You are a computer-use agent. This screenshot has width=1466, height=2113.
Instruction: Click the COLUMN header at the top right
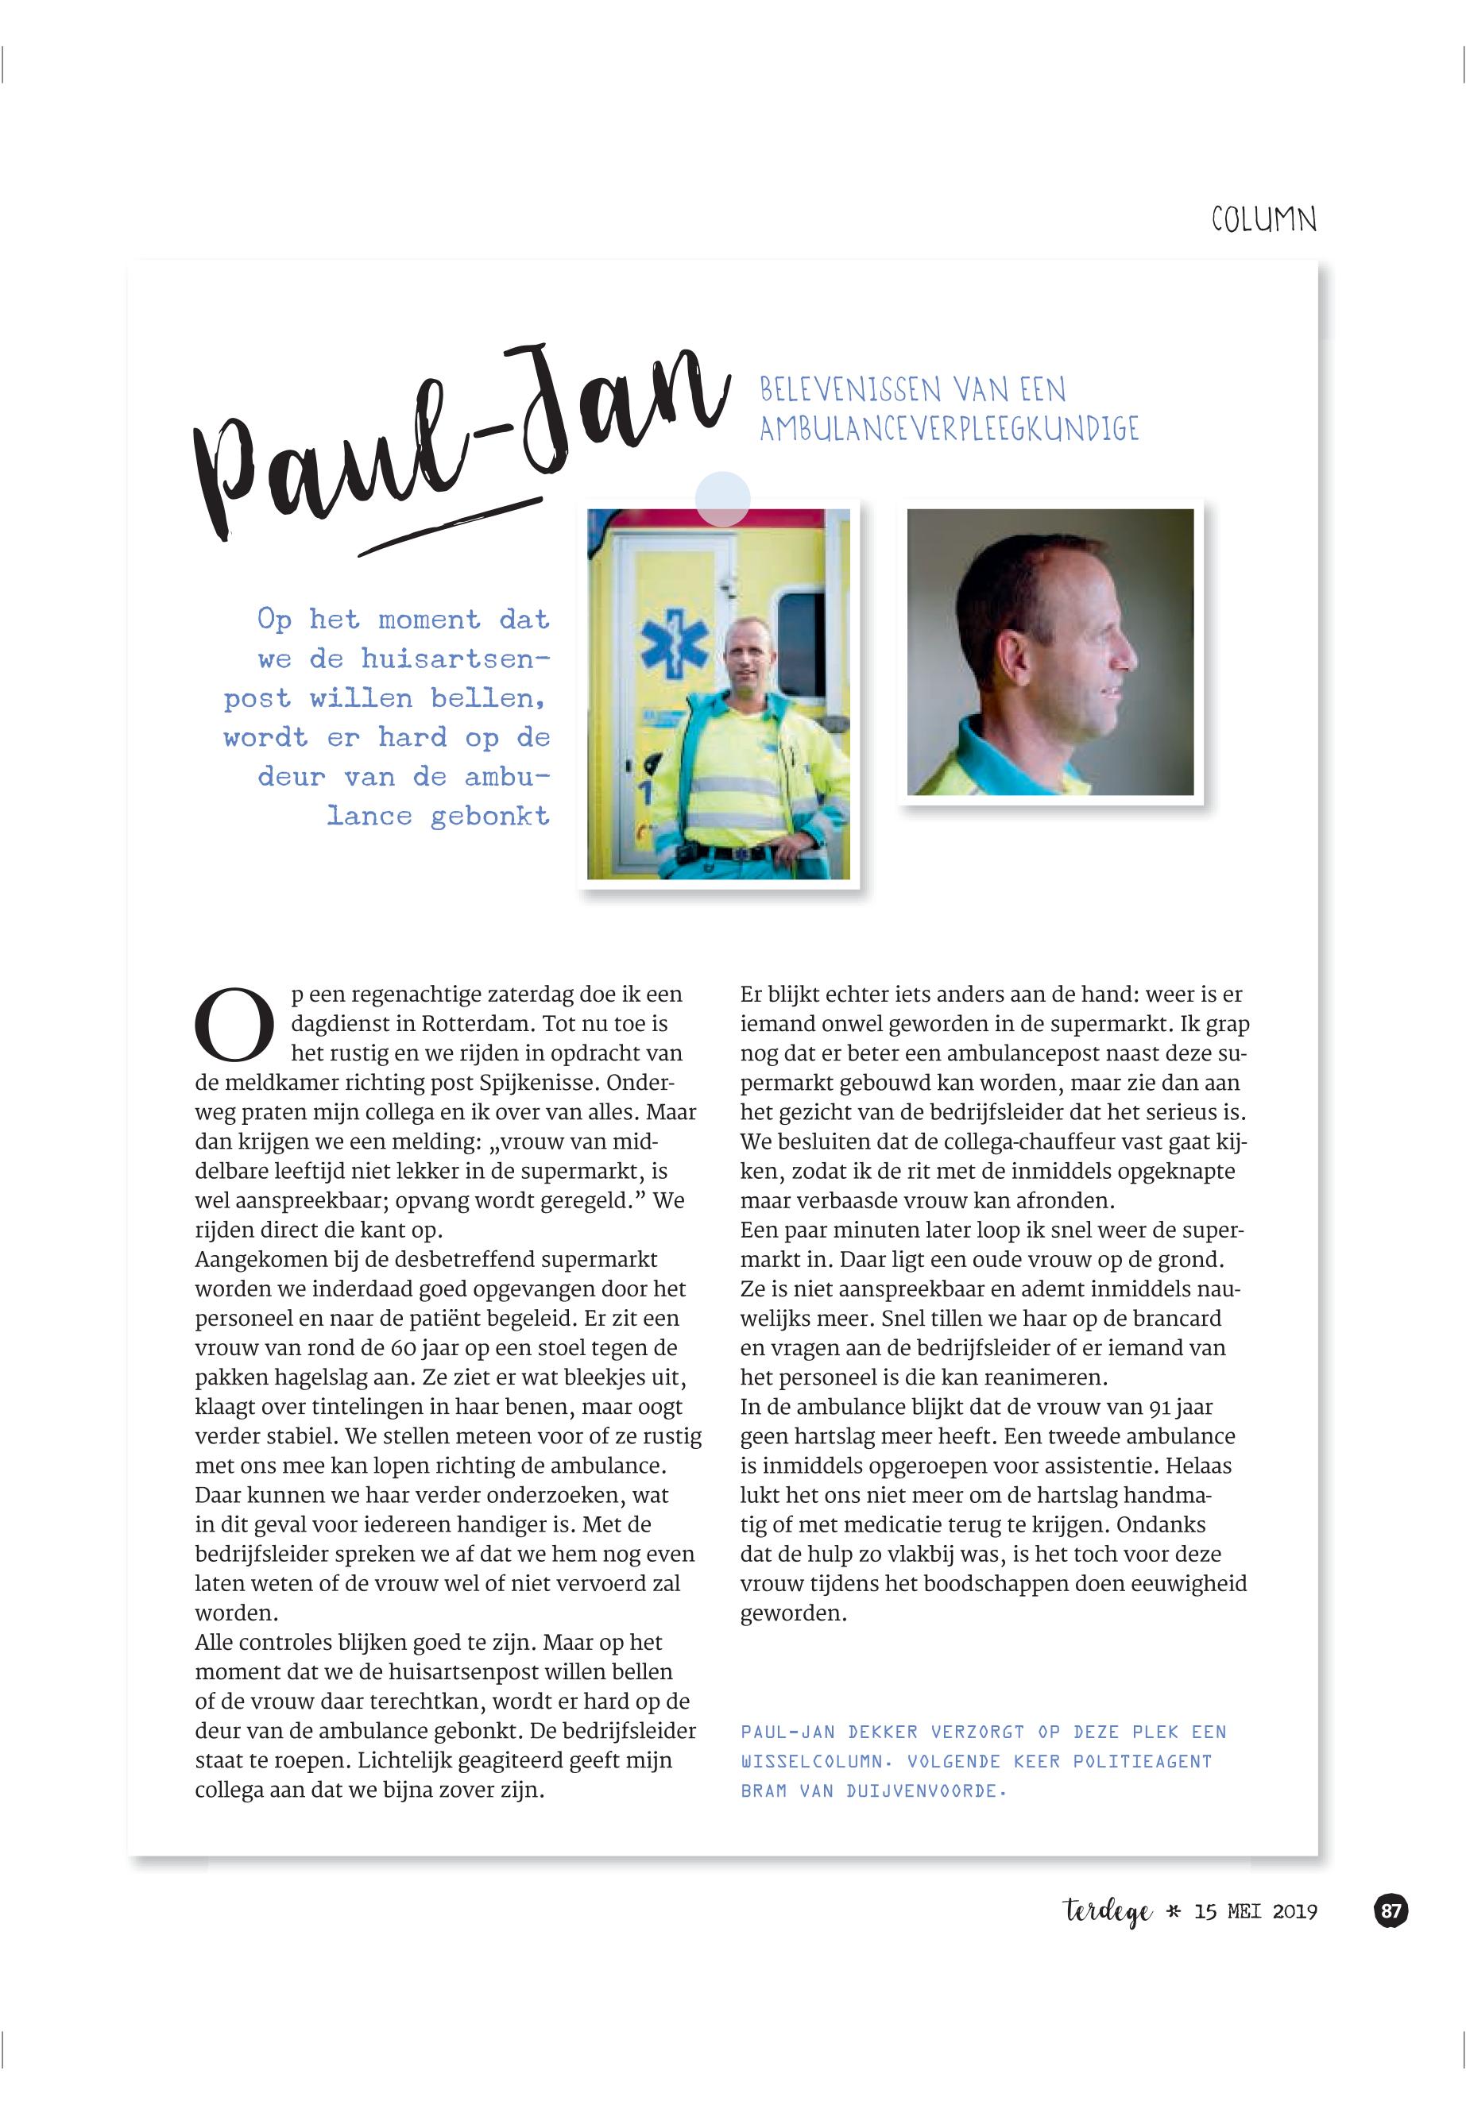point(1263,220)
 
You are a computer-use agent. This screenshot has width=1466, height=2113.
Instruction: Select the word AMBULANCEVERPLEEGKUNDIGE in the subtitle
point(948,429)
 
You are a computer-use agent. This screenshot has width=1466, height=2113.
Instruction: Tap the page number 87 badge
point(1391,1911)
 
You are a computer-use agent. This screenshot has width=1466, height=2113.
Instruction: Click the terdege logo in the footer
point(1107,1913)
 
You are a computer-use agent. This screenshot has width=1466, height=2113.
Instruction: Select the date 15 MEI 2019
point(1255,1912)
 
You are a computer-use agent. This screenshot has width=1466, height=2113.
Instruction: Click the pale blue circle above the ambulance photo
point(722,499)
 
